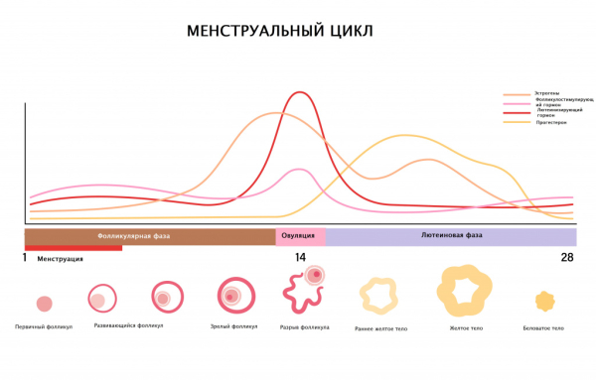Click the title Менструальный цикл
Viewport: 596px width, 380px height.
click(280, 32)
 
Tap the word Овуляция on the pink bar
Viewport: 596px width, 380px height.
click(300, 236)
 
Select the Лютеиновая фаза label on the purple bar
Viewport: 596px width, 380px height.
click(452, 236)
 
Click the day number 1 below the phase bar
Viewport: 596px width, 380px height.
click(25, 258)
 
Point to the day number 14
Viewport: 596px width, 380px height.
click(300, 258)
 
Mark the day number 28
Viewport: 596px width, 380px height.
click(566, 258)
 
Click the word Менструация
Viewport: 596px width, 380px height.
click(61, 259)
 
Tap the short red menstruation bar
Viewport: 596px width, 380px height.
click(74, 248)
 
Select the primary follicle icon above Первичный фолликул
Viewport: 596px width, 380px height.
click(44, 304)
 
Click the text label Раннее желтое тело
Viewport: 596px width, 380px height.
click(380, 327)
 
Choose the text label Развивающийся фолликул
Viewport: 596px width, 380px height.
click(129, 325)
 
